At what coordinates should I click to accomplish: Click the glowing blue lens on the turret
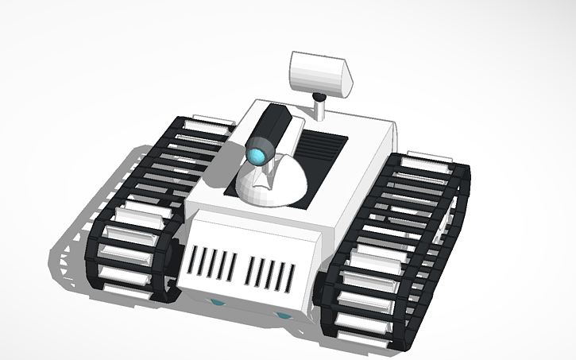pyautogui.click(x=259, y=153)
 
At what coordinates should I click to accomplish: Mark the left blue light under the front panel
pyautogui.click(x=216, y=303)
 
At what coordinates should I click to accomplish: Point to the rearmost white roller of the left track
pyautogui.click(x=208, y=122)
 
